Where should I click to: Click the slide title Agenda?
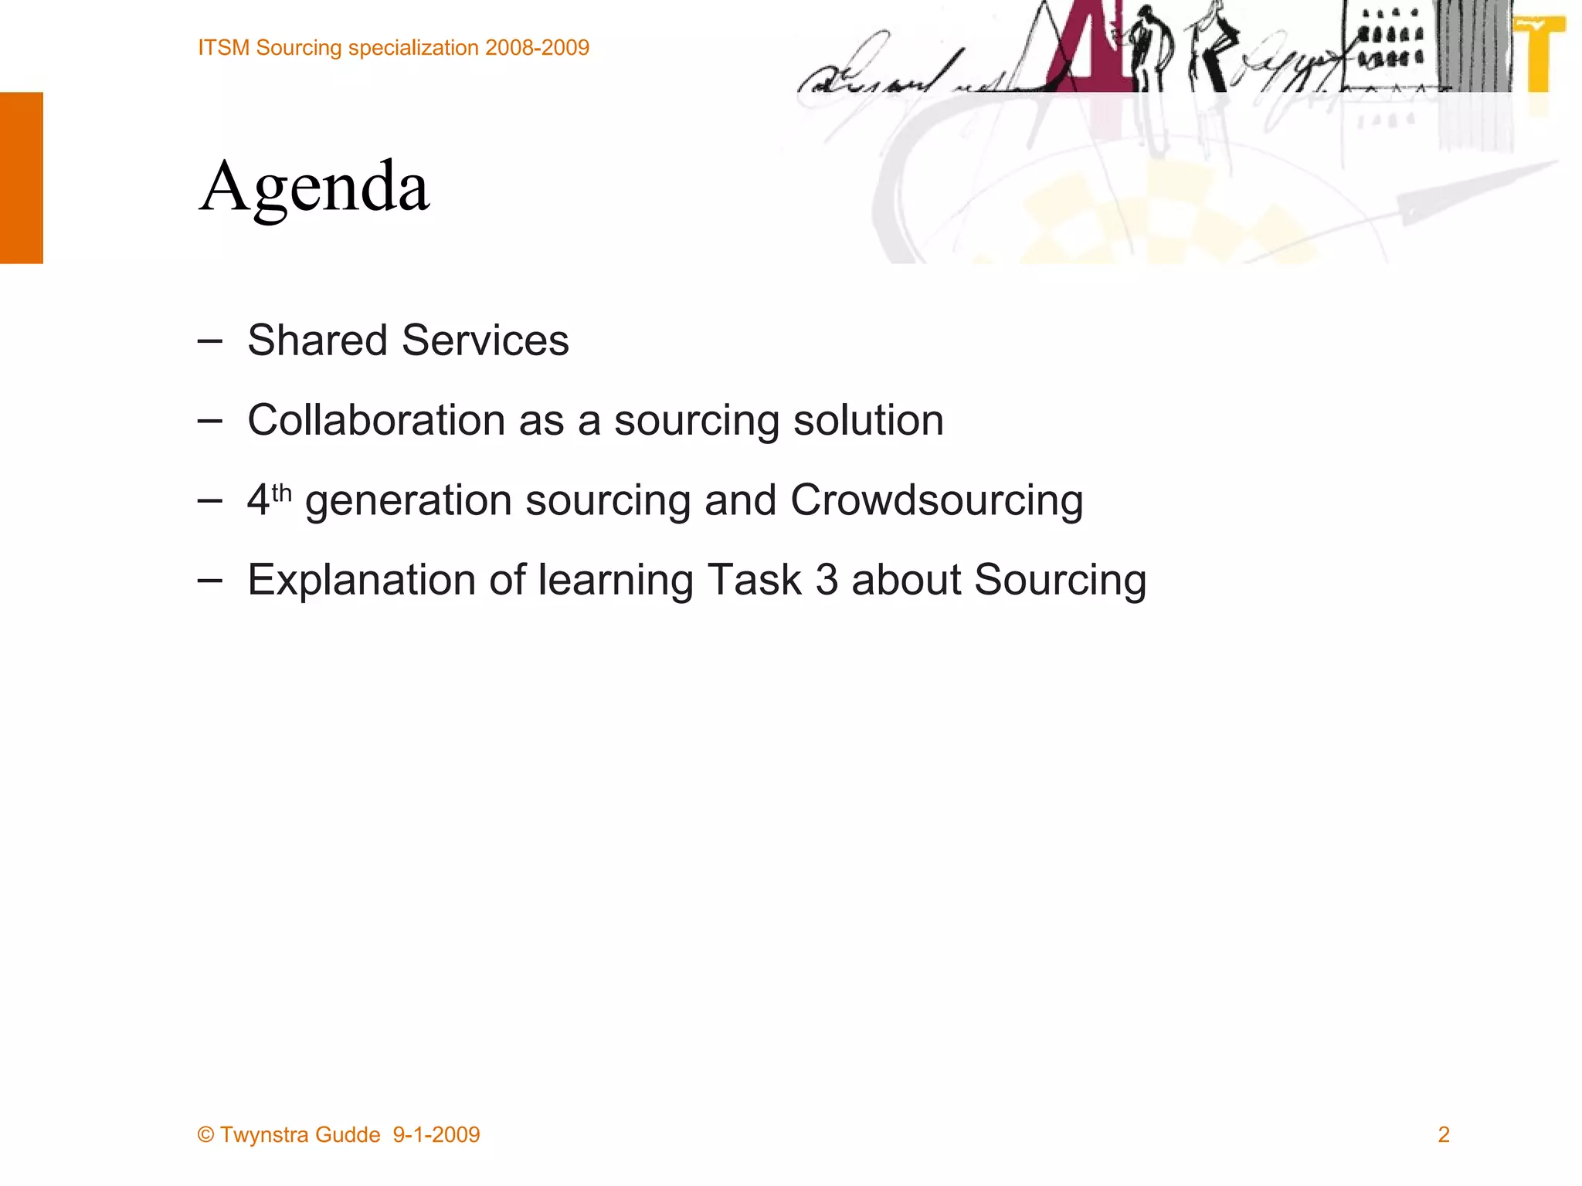[314, 188]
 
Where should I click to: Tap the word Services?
[485, 341]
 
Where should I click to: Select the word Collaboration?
[375, 421]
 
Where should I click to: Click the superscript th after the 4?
[281, 493]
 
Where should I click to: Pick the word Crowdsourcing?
[936, 500]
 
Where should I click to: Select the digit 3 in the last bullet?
[827, 580]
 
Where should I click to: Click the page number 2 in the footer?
[1443, 1134]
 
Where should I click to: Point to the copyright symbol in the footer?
[205, 1134]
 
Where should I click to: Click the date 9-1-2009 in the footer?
[436, 1134]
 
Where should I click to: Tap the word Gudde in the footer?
[348, 1134]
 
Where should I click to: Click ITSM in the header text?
[223, 48]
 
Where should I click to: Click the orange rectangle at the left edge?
[22, 178]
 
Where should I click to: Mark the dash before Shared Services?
[209, 341]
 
